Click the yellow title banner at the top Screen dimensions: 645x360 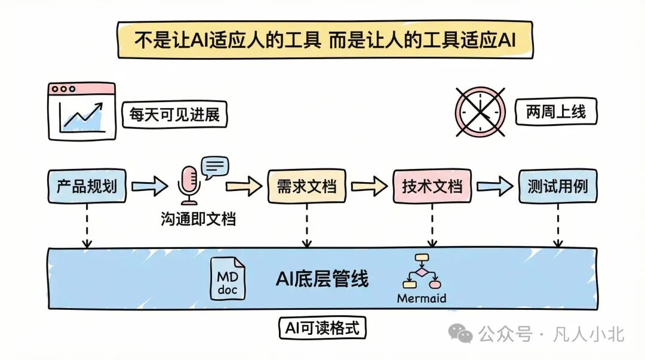325,40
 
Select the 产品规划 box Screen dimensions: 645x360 87,186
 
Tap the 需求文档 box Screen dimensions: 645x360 306,186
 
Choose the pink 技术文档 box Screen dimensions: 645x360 432,186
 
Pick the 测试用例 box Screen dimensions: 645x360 557,186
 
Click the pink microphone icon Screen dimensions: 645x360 189,185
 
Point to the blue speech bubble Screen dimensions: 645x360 215,167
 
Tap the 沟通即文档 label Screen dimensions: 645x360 198,219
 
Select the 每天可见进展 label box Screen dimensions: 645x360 174,115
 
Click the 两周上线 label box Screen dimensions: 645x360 556,112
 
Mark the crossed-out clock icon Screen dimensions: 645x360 480,112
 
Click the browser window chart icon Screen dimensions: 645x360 82,112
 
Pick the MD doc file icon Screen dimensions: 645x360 228,279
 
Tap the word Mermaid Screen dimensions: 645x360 421,299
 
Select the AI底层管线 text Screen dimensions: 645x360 322,279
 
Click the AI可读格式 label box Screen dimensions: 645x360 322,328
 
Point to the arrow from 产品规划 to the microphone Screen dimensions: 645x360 150,186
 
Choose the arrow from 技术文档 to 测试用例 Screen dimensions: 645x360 495,186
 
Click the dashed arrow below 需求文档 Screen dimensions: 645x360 307,226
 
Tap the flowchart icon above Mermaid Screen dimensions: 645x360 422,272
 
